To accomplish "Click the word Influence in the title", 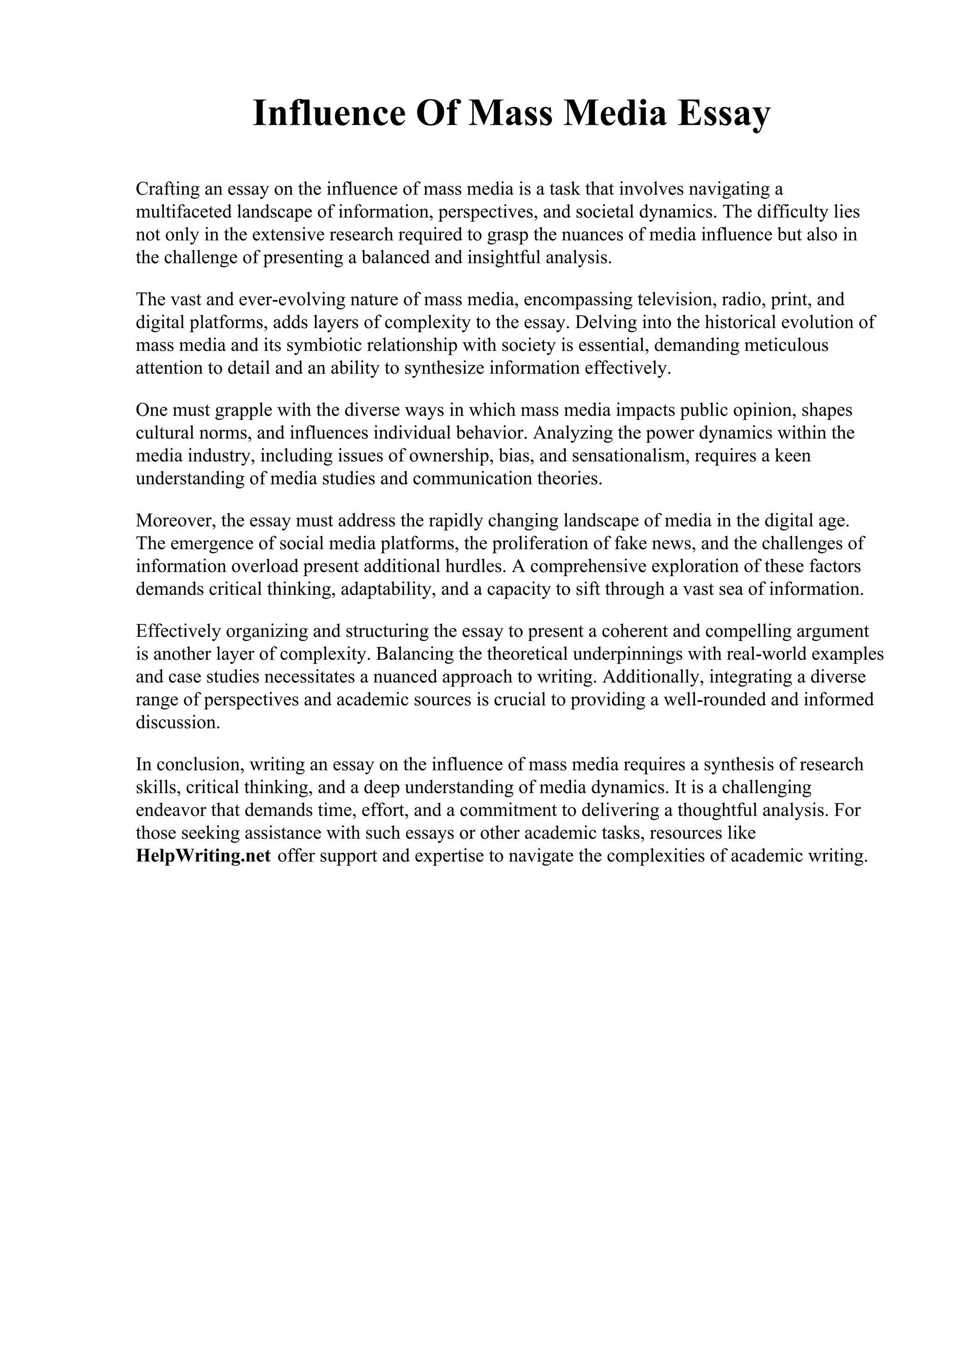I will tap(329, 114).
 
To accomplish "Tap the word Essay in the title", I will tap(723, 114).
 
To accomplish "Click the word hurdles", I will tap(476, 567).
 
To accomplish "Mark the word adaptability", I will tap(388, 589).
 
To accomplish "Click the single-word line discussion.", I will tap(178, 722).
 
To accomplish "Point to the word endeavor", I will tap(171, 811).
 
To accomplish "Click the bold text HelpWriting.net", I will tap(203, 856).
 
